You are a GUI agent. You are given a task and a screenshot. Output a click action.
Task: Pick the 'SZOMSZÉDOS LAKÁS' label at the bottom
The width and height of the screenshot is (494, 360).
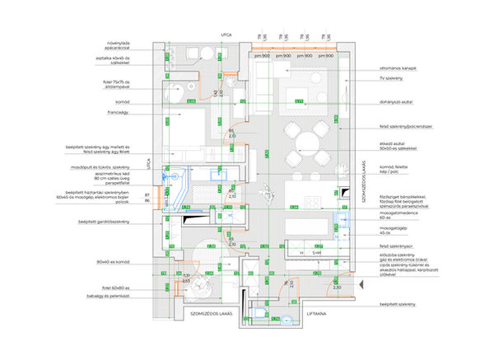pos(213,315)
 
